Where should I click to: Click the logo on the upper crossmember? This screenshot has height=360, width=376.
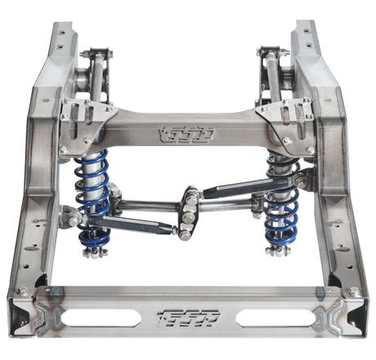187,131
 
